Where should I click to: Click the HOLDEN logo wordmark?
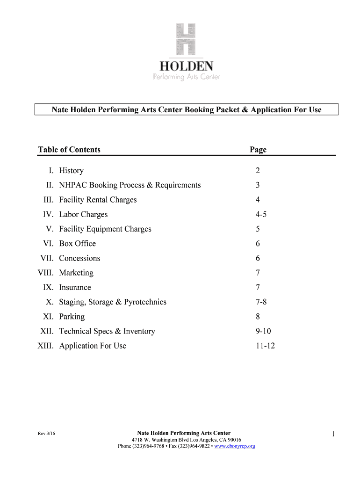pyautogui.click(x=186, y=65)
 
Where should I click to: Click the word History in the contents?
pyautogui.click(x=71, y=171)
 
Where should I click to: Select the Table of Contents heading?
pyautogui.click(x=69, y=150)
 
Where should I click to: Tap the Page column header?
pyautogui.click(x=258, y=150)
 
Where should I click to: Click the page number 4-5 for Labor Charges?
pyautogui.click(x=261, y=215)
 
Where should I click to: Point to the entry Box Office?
pyautogui.click(x=77, y=244)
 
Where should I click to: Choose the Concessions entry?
pyautogui.click(x=79, y=258)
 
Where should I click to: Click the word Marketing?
pyautogui.click(x=76, y=273)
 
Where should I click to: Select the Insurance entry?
pyautogui.click(x=75, y=287)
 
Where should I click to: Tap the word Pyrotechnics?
pyautogui.click(x=145, y=302)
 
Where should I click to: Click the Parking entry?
pyautogui.click(x=72, y=317)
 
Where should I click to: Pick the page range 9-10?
pyautogui.click(x=263, y=331)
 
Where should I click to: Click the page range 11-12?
pyautogui.click(x=265, y=346)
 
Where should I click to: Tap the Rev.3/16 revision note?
pyautogui.click(x=47, y=434)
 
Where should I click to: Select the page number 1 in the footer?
pyautogui.click(x=333, y=435)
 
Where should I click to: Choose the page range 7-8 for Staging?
pyautogui.click(x=261, y=302)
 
